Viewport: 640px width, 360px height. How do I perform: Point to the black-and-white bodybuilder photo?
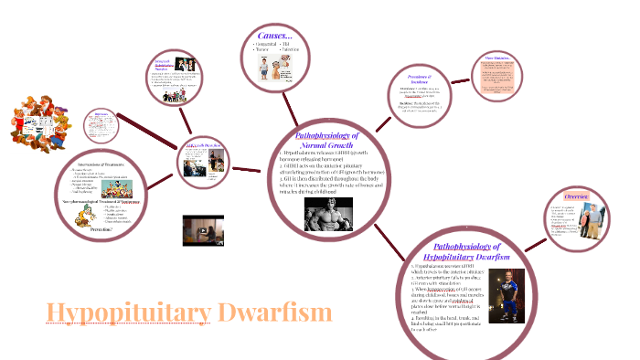[x=328, y=214]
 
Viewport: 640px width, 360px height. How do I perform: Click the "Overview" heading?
[x=576, y=196]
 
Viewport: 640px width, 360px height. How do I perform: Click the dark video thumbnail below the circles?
[x=203, y=230]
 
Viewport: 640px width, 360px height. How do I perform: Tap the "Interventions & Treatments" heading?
[x=101, y=163]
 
